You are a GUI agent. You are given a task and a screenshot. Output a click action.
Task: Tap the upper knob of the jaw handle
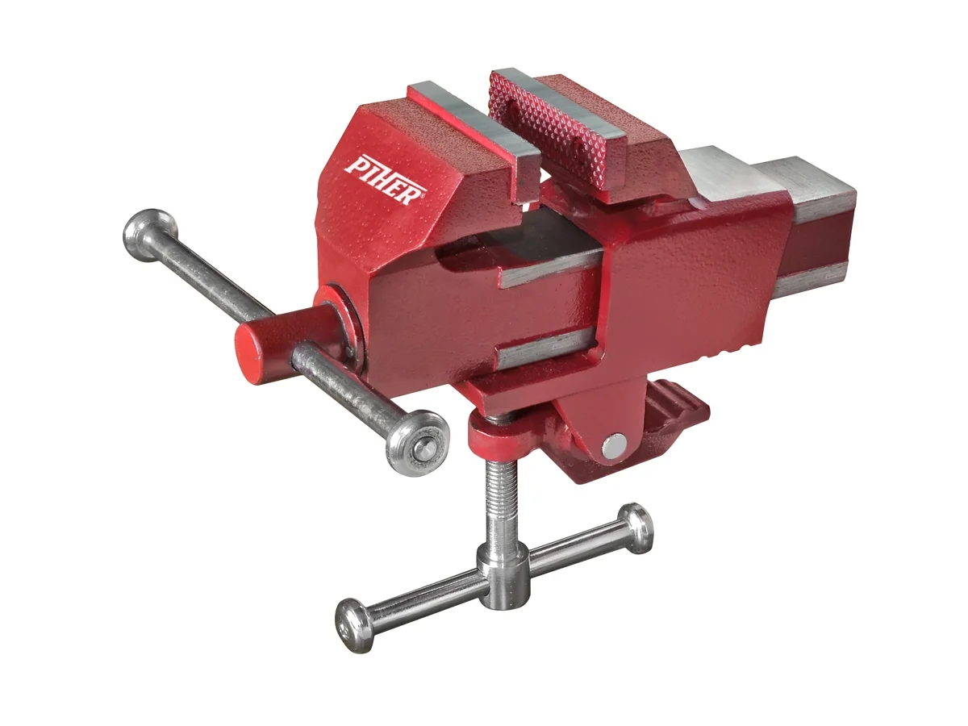coord(150,235)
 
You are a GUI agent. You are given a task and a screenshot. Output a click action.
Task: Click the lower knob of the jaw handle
coord(417,443)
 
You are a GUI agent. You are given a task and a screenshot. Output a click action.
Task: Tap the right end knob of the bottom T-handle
coord(635,528)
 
